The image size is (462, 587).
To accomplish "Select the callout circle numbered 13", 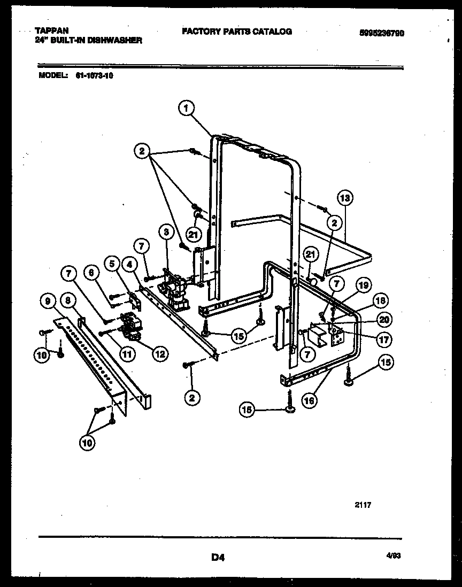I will (x=345, y=198).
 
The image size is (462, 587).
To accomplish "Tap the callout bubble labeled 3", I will (x=166, y=233).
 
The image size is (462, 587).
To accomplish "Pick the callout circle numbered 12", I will (x=159, y=353).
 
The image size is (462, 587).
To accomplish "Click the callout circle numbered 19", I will (x=363, y=286).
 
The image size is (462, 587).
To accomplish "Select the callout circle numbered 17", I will (x=383, y=338).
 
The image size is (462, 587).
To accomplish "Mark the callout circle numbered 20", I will (x=384, y=320).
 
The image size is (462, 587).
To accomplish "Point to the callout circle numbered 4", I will (x=130, y=263).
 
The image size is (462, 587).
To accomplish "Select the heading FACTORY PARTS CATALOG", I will (x=237, y=32).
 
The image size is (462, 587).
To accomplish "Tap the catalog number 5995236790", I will (x=381, y=33).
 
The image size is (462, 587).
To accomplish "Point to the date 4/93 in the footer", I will (x=394, y=556).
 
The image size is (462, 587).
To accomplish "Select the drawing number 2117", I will (x=362, y=504).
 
